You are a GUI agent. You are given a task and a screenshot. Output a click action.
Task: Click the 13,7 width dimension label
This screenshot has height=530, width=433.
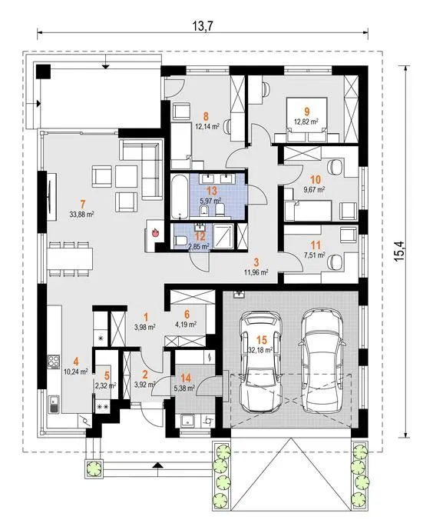click(x=203, y=25)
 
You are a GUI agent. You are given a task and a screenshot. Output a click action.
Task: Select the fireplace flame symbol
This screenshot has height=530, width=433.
click(x=156, y=232)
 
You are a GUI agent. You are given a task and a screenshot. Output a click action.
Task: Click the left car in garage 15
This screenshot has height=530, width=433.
click(x=260, y=362)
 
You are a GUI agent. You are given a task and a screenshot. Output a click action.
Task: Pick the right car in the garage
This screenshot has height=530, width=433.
click(x=322, y=360)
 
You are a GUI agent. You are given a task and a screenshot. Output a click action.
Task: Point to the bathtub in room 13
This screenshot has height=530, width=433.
click(x=180, y=196)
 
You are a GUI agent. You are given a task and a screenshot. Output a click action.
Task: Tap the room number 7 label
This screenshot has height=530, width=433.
click(x=83, y=204)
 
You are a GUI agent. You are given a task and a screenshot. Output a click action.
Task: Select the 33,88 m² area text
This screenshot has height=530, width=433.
click(x=81, y=214)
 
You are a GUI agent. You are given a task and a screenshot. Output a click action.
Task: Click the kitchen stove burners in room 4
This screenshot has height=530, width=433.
click(x=54, y=361)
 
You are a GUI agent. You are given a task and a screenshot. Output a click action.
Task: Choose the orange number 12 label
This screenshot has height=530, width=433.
click(x=200, y=236)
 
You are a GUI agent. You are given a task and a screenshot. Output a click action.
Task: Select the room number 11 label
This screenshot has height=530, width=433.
click(x=316, y=245)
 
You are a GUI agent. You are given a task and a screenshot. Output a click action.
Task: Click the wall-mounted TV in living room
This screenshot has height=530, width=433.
click(x=51, y=197)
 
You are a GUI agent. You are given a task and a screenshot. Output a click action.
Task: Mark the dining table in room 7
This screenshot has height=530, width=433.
click(x=70, y=259)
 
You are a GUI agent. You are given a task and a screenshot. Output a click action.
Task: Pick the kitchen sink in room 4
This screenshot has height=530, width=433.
click(x=54, y=405)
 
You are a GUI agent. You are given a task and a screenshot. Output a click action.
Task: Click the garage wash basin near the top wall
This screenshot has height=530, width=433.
click(x=240, y=294)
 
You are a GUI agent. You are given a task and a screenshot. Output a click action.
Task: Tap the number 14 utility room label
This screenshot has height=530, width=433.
click(x=186, y=378)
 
